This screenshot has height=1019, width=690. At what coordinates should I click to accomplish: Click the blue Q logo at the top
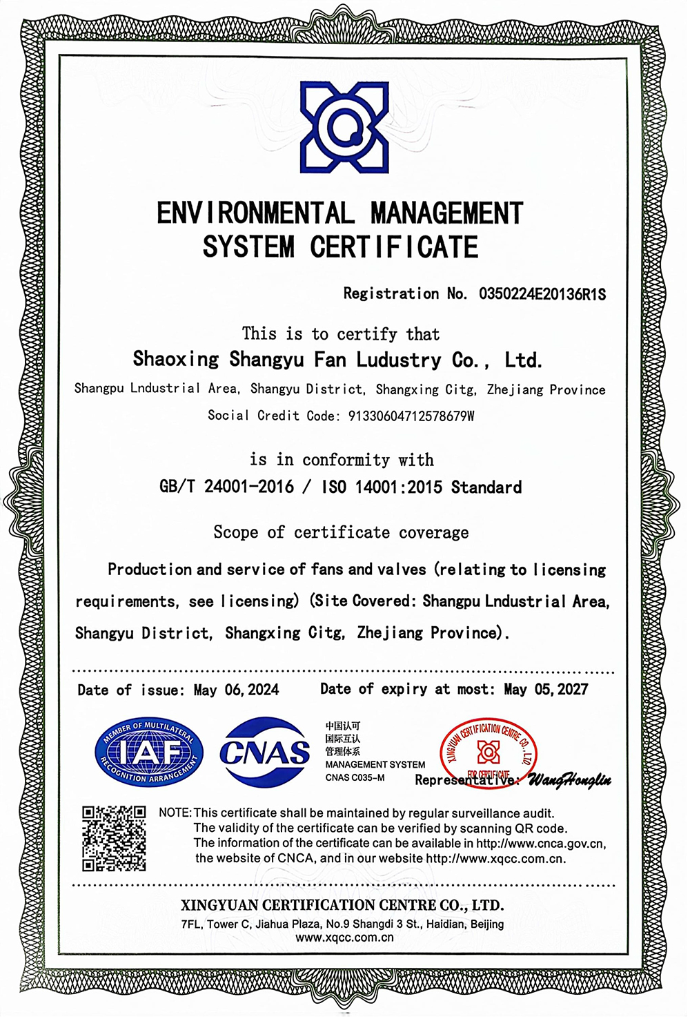[344, 127]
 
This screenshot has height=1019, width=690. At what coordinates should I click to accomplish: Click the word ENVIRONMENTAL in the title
[255, 213]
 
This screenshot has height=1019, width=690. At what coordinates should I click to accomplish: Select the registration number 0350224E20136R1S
[542, 294]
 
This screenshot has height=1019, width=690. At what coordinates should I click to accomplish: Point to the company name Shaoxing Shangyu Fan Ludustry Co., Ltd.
[337, 360]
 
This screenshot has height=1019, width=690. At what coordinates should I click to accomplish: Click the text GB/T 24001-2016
[226, 487]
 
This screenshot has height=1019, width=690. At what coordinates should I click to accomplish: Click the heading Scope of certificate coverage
[341, 532]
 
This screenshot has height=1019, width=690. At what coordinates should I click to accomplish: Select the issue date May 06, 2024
[236, 690]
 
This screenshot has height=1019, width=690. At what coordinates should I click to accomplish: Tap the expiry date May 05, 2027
[546, 689]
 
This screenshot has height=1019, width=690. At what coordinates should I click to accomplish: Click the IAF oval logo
[149, 752]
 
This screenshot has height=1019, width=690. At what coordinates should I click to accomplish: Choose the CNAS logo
[265, 752]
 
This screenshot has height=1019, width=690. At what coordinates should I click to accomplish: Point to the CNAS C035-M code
[355, 778]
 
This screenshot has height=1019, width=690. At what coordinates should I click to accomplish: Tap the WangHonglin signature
[569, 780]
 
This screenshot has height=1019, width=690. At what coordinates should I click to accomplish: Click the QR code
[114, 838]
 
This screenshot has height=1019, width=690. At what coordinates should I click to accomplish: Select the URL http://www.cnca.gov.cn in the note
[540, 843]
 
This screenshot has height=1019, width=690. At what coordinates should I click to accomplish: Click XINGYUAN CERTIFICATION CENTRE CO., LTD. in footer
[342, 905]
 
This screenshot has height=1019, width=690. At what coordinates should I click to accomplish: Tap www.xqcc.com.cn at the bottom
[344, 938]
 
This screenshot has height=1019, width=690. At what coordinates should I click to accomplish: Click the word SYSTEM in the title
[248, 247]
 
